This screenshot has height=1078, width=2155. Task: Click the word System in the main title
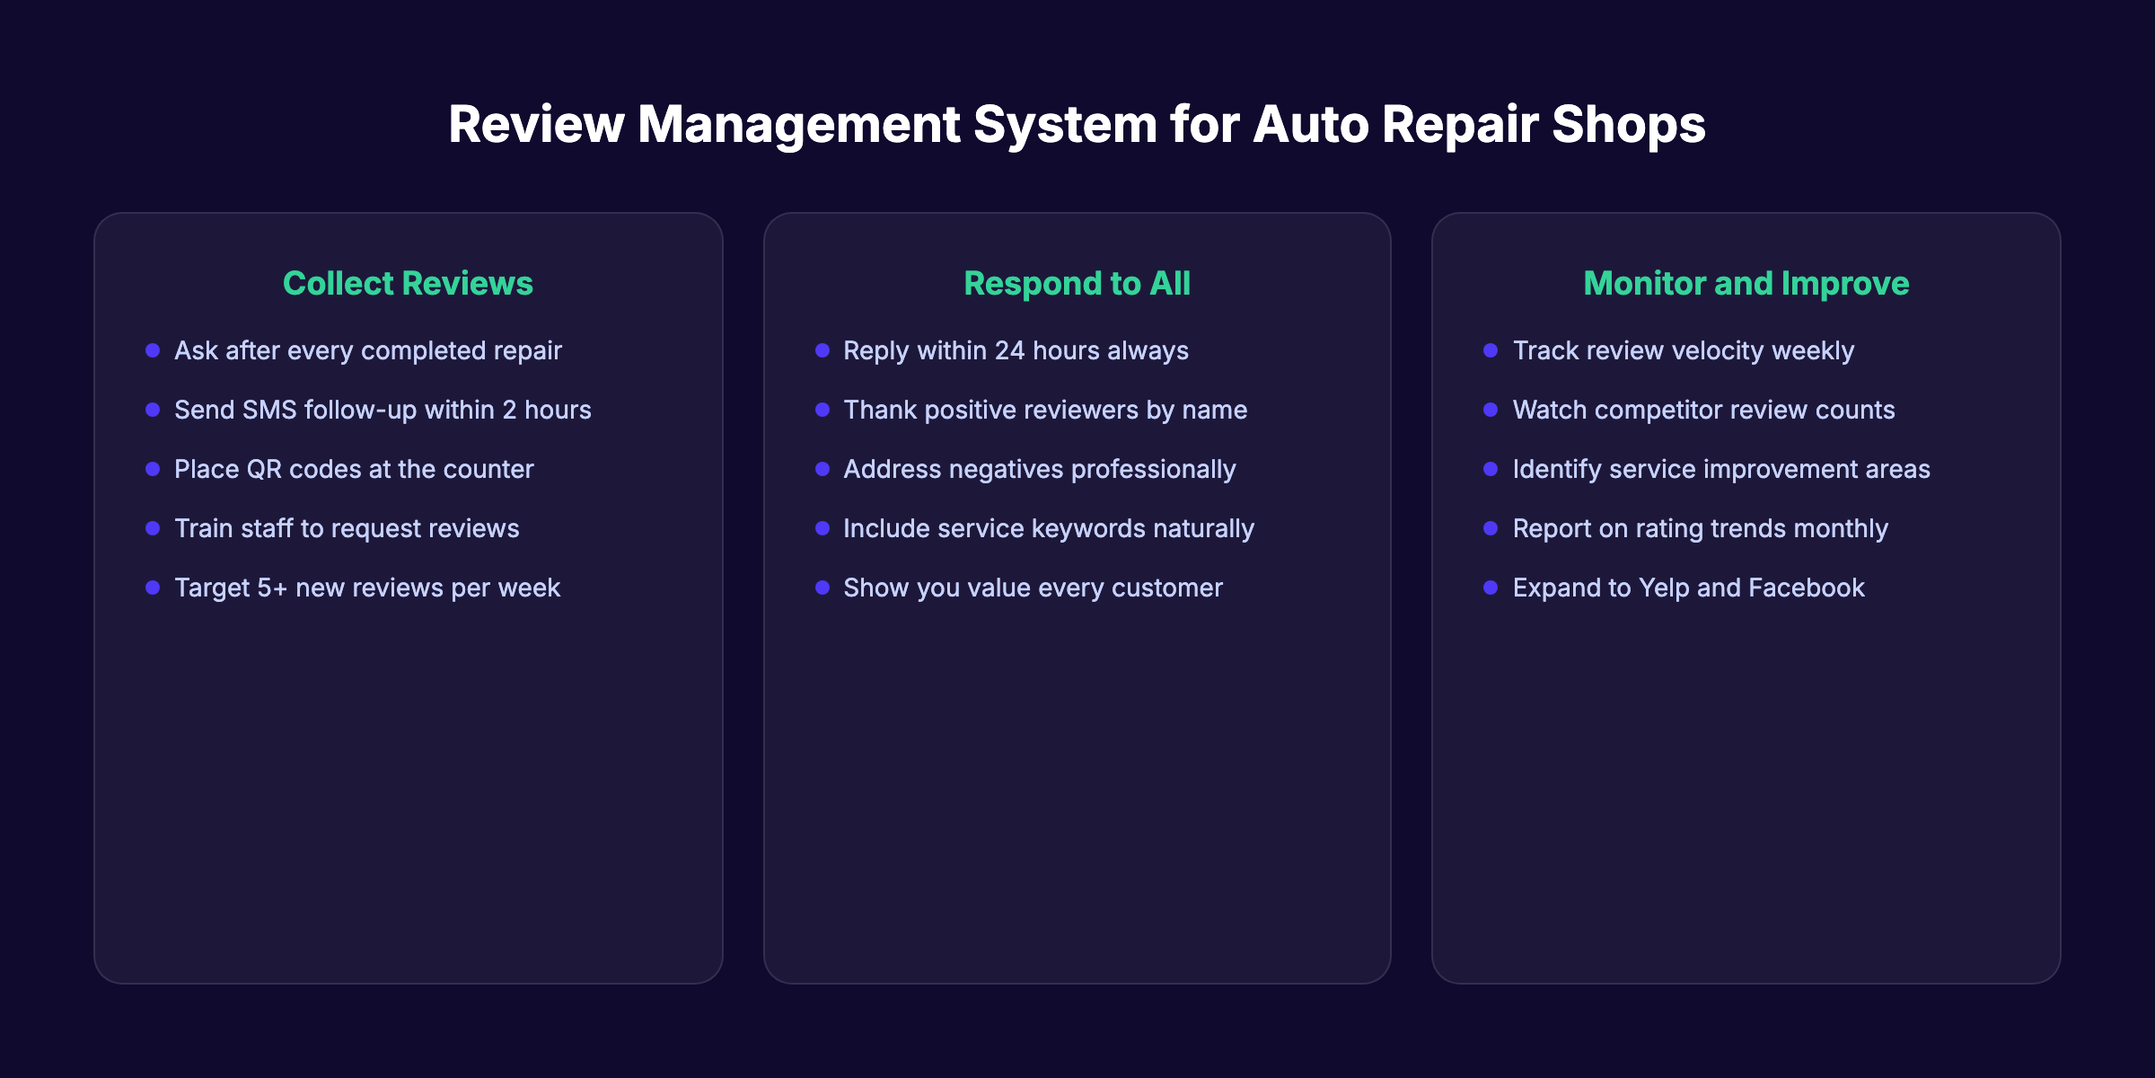(1065, 125)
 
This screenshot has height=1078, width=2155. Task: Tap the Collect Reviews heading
(408, 284)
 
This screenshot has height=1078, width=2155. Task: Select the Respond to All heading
(1077, 284)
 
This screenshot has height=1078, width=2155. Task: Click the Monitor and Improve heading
(1746, 284)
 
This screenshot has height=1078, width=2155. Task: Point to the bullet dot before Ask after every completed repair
(153, 350)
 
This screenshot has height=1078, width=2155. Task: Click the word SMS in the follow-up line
(269, 411)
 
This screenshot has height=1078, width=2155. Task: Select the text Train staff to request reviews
(347, 529)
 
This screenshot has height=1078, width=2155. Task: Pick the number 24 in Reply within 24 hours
(1009, 351)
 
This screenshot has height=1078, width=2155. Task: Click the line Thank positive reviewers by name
(1044, 411)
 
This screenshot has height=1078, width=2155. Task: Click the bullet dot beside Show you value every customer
(822, 588)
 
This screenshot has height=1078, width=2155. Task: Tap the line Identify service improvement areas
(1720, 470)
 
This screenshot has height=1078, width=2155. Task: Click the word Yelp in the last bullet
(1664, 588)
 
